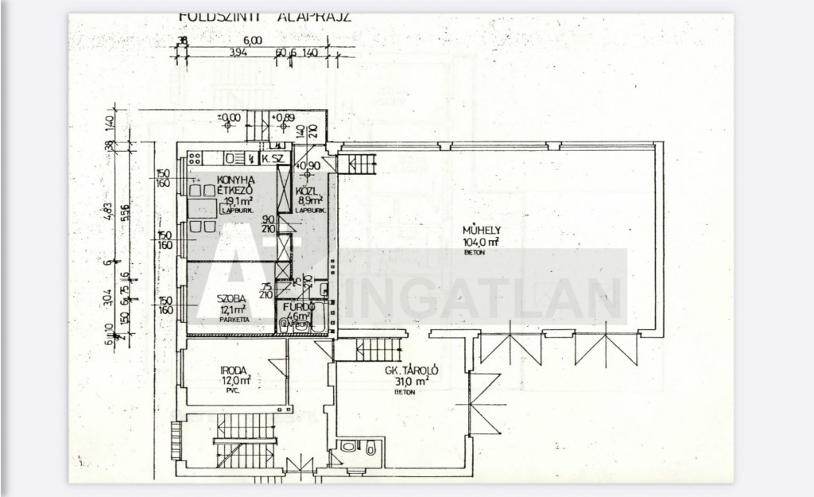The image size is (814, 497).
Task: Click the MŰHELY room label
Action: (x=480, y=231)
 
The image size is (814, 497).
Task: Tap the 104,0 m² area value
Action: (x=481, y=242)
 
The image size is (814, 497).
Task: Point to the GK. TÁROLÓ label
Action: (x=412, y=371)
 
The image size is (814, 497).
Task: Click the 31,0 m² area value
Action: (x=412, y=381)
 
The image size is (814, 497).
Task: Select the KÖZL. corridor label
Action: (x=307, y=192)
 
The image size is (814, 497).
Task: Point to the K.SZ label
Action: (x=273, y=159)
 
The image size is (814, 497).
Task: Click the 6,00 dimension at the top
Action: (x=252, y=40)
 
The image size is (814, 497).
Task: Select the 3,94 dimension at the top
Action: (x=215, y=53)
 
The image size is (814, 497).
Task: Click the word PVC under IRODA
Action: (x=233, y=390)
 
